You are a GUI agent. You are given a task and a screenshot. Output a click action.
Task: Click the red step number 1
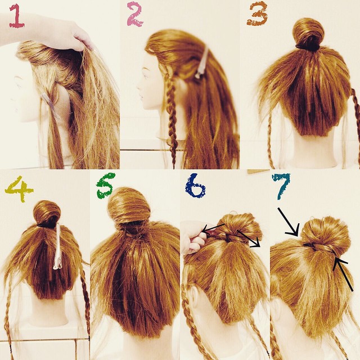click(16, 16)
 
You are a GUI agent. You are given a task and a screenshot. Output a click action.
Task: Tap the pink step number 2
click(135, 14)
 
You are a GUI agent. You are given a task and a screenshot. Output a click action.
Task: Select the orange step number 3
click(258, 15)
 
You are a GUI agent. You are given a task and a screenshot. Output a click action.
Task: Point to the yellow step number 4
click(19, 189)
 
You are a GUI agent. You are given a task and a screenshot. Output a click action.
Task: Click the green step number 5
click(106, 186)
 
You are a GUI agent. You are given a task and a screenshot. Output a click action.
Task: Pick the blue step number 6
click(195, 186)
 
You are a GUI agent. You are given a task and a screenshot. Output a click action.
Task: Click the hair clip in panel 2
click(202, 62)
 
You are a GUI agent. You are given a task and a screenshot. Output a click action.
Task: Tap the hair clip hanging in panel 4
click(57, 246)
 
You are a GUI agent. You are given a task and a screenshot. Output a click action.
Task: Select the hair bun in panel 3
click(308, 34)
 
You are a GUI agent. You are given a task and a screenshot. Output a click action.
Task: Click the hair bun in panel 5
click(129, 206)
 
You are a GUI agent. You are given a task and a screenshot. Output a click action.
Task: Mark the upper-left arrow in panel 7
click(289, 222)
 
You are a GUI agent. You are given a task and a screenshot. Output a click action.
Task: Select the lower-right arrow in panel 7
click(343, 274)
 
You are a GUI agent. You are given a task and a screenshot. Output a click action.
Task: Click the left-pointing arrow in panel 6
click(214, 229)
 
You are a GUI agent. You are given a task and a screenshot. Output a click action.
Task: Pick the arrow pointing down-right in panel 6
click(249, 238)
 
